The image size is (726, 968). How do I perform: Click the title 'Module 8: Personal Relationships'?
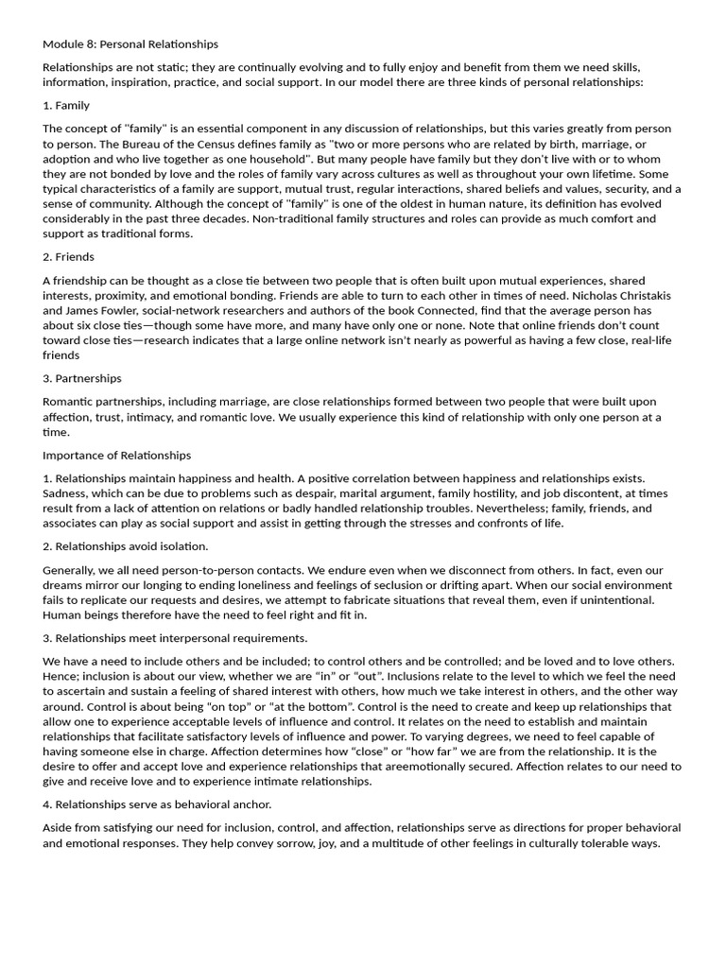[130, 43]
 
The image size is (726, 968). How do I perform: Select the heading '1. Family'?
[66, 105]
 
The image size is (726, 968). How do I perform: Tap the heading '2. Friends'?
[69, 256]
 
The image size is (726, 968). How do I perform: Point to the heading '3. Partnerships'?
[82, 378]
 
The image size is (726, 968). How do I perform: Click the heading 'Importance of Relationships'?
[117, 455]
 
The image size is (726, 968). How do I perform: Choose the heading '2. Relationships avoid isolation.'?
[126, 546]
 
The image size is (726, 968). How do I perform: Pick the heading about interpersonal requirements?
[175, 638]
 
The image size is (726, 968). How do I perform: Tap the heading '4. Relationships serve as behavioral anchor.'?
[157, 804]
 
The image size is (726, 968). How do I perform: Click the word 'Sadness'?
[66, 493]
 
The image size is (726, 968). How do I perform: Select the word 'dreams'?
[65, 585]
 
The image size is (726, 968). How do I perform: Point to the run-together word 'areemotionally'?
[509, 767]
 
